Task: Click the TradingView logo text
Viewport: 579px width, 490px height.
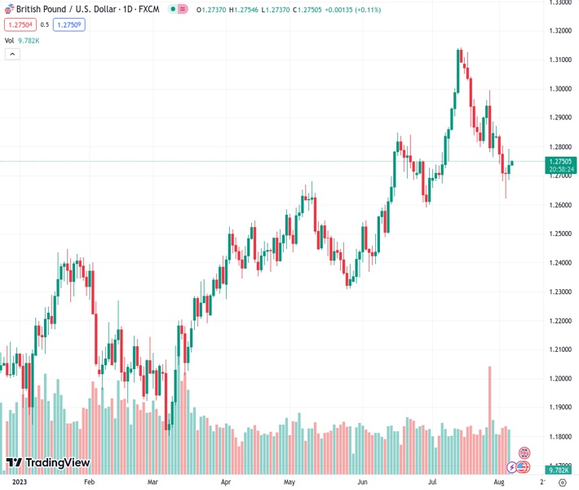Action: (x=57, y=463)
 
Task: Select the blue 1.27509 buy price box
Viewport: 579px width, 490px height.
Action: (x=69, y=24)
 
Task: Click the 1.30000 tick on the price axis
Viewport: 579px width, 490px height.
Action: (x=559, y=89)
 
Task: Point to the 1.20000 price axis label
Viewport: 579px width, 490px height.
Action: (x=559, y=379)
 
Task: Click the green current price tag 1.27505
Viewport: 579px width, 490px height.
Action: (x=562, y=162)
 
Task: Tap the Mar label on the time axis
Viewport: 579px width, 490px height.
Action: (x=152, y=483)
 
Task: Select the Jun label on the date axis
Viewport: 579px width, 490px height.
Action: (x=362, y=483)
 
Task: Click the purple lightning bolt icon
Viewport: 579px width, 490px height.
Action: (x=512, y=467)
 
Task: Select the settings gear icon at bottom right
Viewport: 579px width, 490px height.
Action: (x=562, y=483)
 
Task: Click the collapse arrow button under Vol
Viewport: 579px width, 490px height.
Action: (x=12, y=54)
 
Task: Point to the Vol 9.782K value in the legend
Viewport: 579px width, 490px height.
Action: (x=30, y=40)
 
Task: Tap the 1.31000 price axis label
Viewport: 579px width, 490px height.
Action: (x=559, y=60)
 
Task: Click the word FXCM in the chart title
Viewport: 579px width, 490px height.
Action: (x=149, y=9)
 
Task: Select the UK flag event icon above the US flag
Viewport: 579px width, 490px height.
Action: (x=524, y=452)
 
